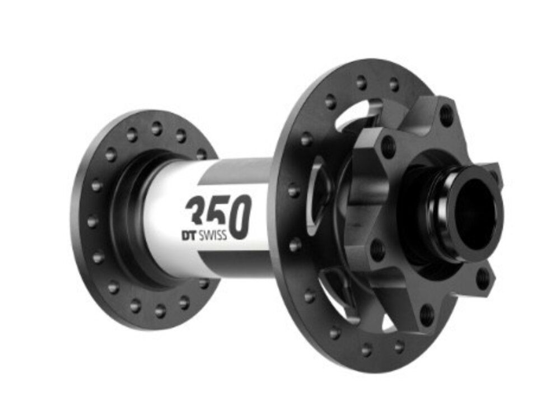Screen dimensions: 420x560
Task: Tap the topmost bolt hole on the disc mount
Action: click(446, 116)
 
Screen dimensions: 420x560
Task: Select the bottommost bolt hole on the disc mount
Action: click(427, 314)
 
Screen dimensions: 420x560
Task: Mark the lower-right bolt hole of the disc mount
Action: click(482, 277)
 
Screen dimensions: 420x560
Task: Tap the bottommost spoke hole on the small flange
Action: click(160, 310)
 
